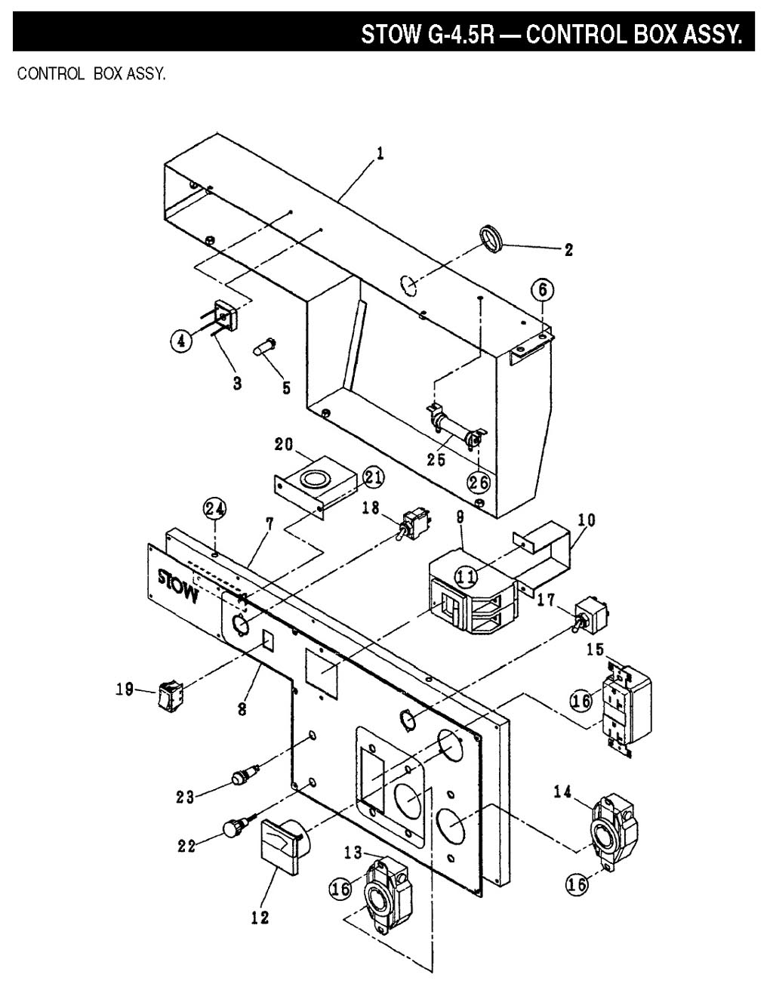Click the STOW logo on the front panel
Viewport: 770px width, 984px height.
tap(179, 586)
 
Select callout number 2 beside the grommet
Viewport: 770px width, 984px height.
tap(568, 250)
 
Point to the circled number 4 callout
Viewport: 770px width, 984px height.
tap(181, 341)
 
